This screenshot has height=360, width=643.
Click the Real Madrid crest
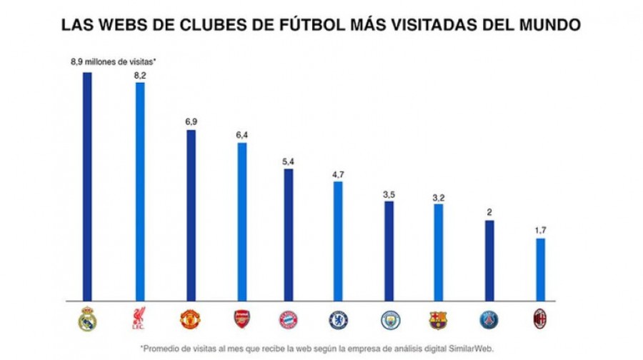click(x=87, y=319)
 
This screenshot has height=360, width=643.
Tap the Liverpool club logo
click(x=139, y=319)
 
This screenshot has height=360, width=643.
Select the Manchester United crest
click(x=190, y=319)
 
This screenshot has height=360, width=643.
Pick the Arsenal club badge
click(x=242, y=319)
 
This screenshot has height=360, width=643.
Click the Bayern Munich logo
click(x=288, y=319)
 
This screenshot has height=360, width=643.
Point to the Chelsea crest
click(x=338, y=319)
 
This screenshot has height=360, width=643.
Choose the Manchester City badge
click(x=389, y=319)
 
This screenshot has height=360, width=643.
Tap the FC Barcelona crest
click(x=439, y=319)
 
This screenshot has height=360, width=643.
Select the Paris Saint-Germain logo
click(x=489, y=319)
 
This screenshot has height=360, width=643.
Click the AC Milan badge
click(x=540, y=319)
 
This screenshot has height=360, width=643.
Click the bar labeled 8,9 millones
click(x=87, y=186)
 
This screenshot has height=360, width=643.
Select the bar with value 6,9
click(x=191, y=214)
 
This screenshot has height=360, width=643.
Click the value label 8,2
click(x=140, y=74)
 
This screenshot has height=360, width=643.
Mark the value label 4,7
click(x=338, y=173)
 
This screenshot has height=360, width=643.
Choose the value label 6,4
click(x=242, y=134)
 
